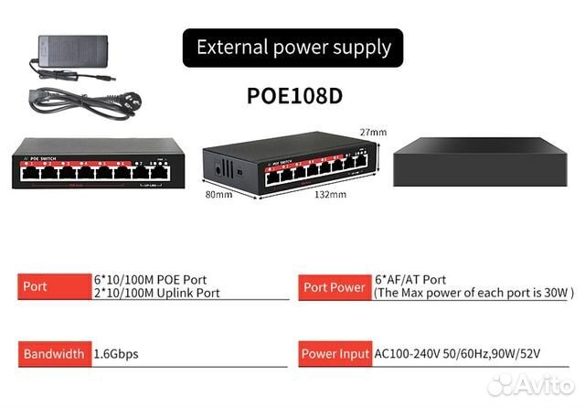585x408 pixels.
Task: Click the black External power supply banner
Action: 293,48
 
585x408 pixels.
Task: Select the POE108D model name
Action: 293,95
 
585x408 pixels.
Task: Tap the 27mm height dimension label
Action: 373,133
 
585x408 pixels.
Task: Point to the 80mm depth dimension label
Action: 218,193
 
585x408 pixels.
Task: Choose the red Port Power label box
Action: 334,286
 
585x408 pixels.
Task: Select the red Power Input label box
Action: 334,353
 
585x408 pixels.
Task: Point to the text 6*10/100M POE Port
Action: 151,279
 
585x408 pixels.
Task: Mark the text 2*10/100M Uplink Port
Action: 157,293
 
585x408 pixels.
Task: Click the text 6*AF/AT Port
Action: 410,279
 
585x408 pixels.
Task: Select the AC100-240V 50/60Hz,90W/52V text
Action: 470,353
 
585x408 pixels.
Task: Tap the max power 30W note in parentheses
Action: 473,293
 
